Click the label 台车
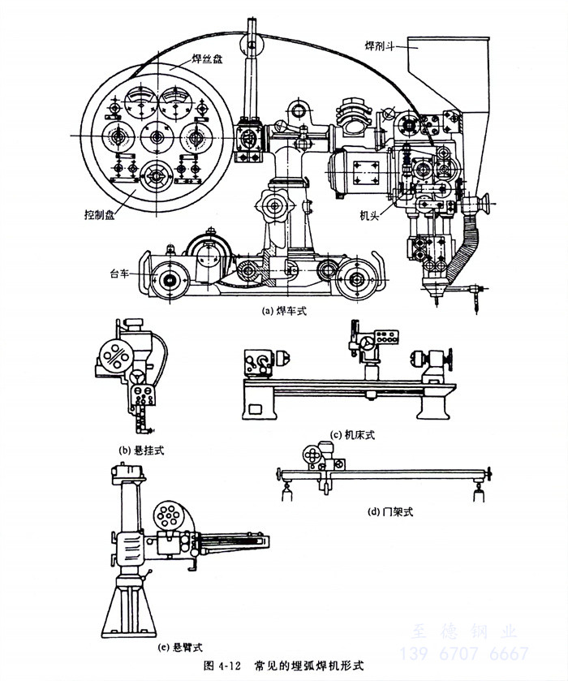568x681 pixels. click(121, 274)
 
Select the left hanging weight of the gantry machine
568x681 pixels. click(286, 493)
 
